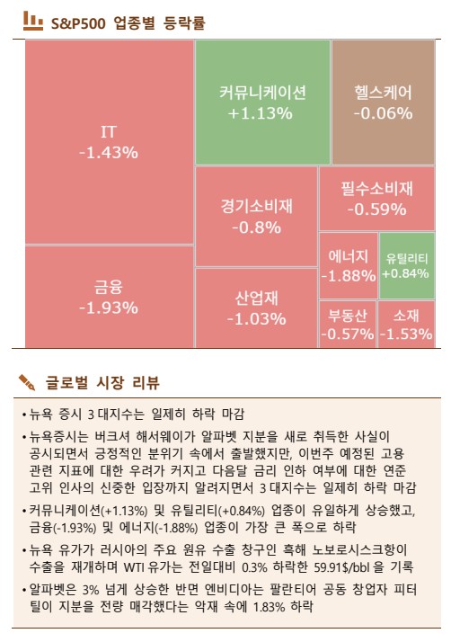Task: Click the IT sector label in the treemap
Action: click(x=108, y=132)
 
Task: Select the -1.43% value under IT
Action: click(x=108, y=152)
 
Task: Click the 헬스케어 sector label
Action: click(x=383, y=92)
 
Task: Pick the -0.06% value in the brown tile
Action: click(x=383, y=113)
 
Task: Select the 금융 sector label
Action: click(x=108, y=288)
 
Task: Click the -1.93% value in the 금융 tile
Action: click(x=108, y=308)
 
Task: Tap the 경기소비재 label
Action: click(x=256, y=206)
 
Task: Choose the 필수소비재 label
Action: click(x=376, y=189)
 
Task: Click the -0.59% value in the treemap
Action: click(x=376, y=210)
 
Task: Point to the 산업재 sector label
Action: click(x=256, y=298)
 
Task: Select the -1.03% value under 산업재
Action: click(x=256, y=318)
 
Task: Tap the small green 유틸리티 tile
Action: click(x=405, y=265)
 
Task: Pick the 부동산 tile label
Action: click(x=347, y=316)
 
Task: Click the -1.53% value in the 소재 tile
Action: click(x=405, y=334)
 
